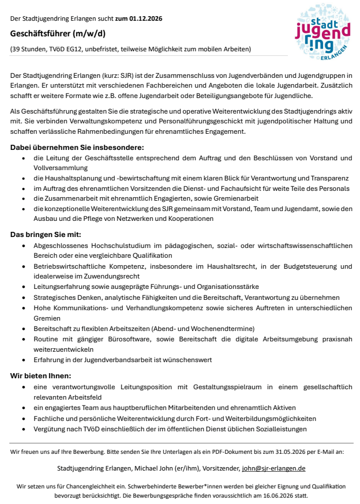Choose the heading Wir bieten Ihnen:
[40, 375]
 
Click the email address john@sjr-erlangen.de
[273, 468]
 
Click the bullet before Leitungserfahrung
[23, 287]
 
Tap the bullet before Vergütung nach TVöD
[23, 429]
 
